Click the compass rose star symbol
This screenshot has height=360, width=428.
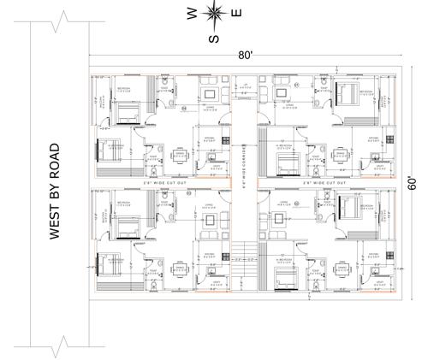[x=214, y=14]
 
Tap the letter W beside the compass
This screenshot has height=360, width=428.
[x=190, y=13]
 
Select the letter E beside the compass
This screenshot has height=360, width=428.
[x=238, y=13]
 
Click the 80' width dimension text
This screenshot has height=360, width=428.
[x=245, y=55]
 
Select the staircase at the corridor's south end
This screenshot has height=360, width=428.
[x=245, y=253]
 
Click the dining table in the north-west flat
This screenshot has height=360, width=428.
[x=180, y=156]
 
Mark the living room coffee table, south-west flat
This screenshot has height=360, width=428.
[x=208, y=220]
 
